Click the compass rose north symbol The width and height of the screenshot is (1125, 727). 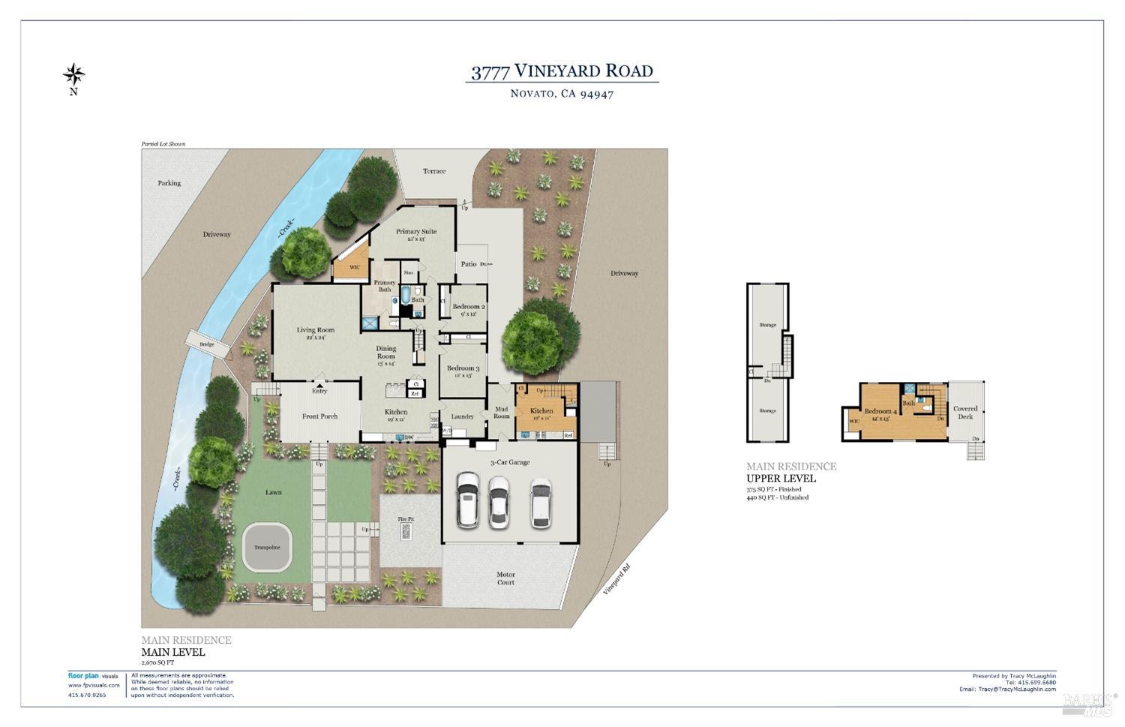(73, 75)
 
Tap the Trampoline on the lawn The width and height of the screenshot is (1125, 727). (266, 547)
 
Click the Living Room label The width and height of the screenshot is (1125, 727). (315, 330)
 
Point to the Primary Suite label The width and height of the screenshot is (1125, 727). (416, 232)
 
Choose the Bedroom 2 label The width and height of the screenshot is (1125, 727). (469, 307)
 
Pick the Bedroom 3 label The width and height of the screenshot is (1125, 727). (463, 368)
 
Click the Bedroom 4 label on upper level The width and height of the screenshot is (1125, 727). (878, 411)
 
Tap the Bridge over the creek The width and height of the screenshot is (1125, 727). (207, 344)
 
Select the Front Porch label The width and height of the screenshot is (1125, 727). (319, 416)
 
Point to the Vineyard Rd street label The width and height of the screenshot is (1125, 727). (616, 579)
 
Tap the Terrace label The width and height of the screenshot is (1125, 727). (433, 171)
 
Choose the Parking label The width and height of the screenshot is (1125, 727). (169, 183)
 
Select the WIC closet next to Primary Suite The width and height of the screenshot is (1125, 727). (354, 267)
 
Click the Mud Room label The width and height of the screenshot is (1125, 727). (501, 413)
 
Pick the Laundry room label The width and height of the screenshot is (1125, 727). (462, 416)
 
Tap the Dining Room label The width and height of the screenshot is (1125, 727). (386, 352)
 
